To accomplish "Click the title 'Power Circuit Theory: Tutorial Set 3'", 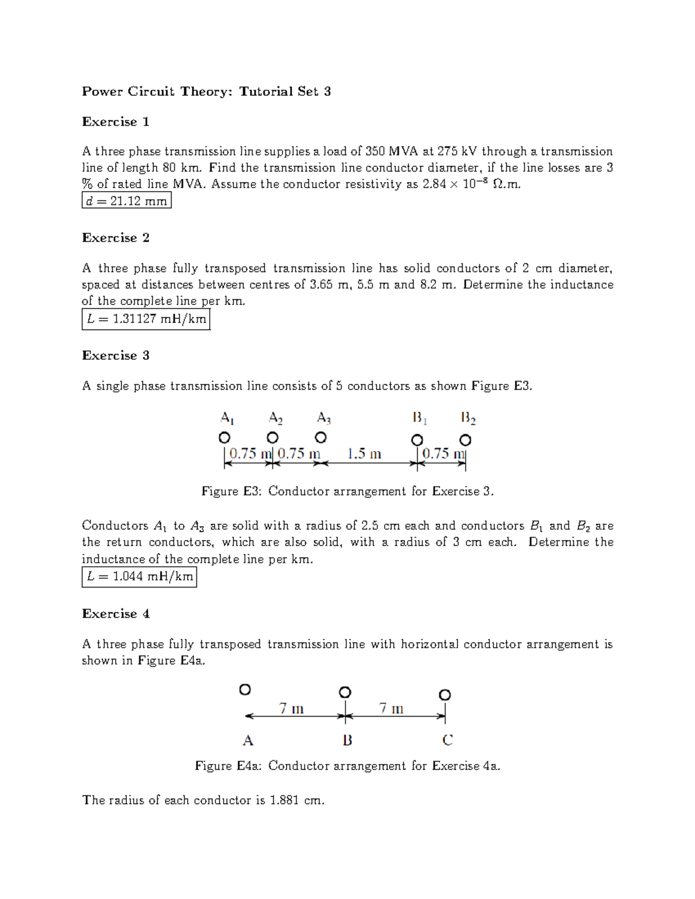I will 206,91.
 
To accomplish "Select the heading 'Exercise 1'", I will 116,122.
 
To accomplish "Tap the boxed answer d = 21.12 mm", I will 126,201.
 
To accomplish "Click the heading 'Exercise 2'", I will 116,238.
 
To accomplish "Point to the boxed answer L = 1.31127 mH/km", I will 145,319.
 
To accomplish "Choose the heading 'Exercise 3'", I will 116,355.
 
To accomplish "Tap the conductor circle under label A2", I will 273,437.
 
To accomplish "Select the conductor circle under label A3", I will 321,437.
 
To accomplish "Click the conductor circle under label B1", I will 417,440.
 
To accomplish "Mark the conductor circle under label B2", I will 465,440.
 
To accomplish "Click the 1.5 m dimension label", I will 364,454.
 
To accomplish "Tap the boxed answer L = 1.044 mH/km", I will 139,577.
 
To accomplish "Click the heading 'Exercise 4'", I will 116,614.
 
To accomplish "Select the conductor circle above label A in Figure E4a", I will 245,689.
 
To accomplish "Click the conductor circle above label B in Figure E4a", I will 345,692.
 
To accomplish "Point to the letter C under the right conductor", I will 447,740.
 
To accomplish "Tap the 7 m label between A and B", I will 291,709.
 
